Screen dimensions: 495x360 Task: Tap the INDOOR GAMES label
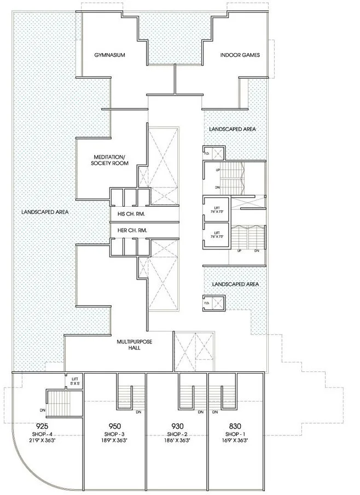click(240, 55)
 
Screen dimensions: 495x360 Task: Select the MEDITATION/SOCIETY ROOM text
click(106, 160)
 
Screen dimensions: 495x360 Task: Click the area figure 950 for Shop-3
click(114, 426)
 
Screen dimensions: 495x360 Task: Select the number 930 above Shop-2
click(177, 426)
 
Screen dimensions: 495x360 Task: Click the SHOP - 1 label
click(235, 434)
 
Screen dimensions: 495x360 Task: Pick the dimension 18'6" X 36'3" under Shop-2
click(177, 440)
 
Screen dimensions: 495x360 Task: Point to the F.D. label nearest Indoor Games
click(206, 154)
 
